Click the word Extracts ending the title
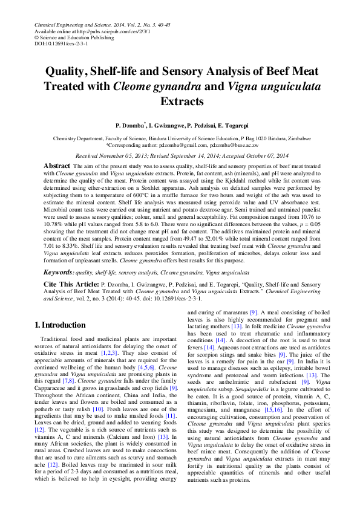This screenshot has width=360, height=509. pyautogui.click(x=179, y=101)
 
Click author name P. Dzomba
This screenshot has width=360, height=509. pyautogui.click(x=129, y=125)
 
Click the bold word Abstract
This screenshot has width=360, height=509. pyautogui.click(x=57, y=165)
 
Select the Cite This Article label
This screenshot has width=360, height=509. pyautogui.click(x=71, y=283)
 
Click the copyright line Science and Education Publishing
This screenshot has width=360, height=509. pyautogui.click(x=73, y=37)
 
